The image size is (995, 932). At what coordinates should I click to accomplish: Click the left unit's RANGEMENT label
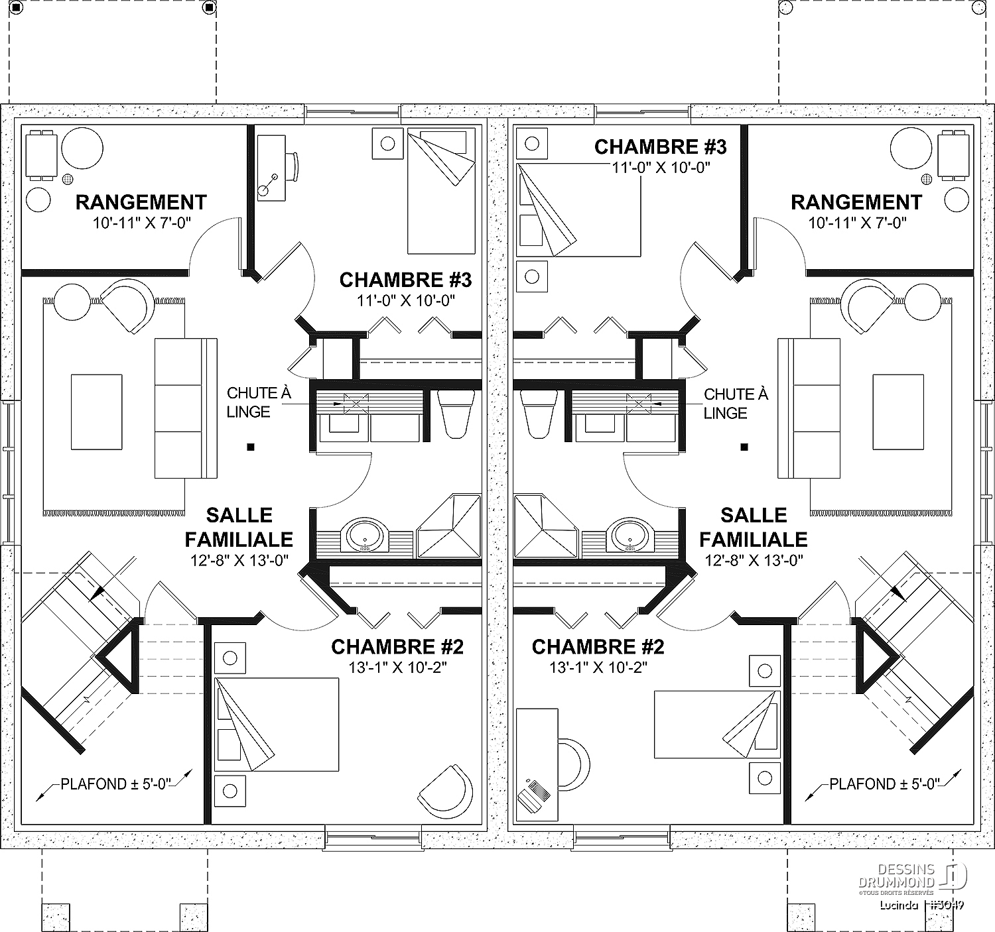click(141, 202)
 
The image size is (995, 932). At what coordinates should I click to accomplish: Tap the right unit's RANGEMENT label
click(856, 202)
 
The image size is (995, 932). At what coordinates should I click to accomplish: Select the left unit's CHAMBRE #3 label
click(405, 280)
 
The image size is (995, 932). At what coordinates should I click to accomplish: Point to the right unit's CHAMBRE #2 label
click(598, 647)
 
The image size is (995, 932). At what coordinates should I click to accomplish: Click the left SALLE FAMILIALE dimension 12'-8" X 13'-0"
click(239, 560)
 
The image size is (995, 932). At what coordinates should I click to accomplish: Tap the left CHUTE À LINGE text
click(259, 402)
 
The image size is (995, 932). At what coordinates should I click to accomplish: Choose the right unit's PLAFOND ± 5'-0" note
click(885, 784)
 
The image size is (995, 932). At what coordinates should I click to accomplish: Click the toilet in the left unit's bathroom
click(456, 414)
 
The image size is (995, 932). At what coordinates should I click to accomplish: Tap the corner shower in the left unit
click(448, 526)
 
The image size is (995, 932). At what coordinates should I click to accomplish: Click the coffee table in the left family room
click(97, 412)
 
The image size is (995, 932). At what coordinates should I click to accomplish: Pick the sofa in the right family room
click(809, 408)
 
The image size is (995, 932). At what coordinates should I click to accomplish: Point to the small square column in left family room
click(251, 447)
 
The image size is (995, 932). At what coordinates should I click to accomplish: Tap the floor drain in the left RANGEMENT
click(68, 179)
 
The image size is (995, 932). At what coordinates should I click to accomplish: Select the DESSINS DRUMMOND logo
click(912, 879)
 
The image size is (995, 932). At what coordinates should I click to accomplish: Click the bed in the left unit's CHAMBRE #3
click(441, 192)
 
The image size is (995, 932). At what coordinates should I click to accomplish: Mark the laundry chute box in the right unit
click(639, 404)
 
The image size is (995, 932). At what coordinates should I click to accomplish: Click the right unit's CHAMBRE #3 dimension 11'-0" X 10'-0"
click(660, 168)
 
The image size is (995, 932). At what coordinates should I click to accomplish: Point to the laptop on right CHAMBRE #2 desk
click(534, 796)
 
